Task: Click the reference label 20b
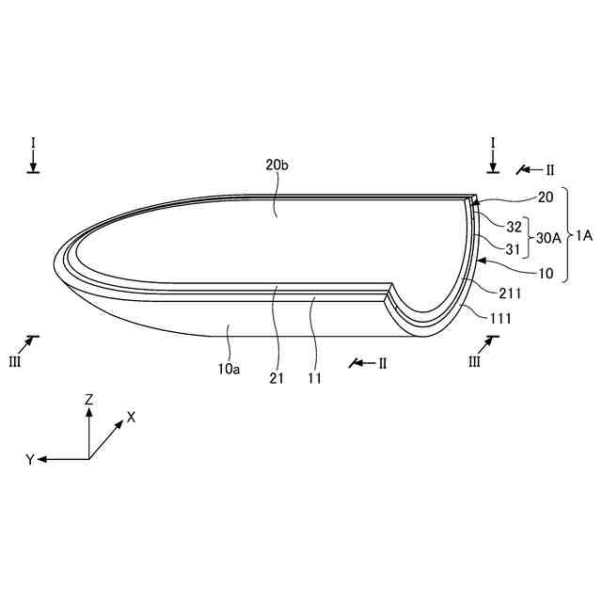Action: [x=277, y=165]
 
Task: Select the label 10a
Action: [x=229, y=369]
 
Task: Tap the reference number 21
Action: [x=277, y=378]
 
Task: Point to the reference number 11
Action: [x=314, y=378]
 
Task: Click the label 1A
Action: [x=584, y=235]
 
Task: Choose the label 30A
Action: [x=548, y=238]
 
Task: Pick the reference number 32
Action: [x=515, y=227]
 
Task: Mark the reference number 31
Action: [x=513, y=249]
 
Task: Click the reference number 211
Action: [x=510, y=293]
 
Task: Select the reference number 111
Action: [x=500, y=318]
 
